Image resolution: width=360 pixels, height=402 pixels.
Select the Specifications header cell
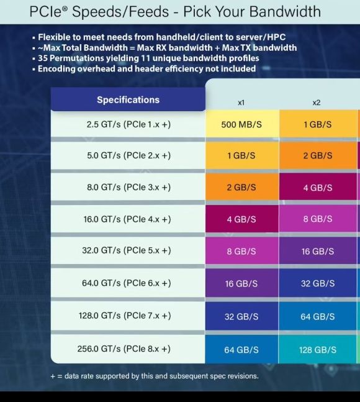[x=128, y=99]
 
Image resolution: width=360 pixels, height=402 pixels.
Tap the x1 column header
[x=241, y=103]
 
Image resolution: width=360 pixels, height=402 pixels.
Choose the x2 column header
[x=317, y=103]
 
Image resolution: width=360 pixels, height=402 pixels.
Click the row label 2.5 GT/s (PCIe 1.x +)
[x=128, y=124]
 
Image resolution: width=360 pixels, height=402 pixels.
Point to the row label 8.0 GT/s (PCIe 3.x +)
[x=128, y=187]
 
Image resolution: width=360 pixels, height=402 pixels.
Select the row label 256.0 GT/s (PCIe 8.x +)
[x=124, y=349]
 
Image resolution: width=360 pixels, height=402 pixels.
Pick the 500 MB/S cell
[x=241, y=124]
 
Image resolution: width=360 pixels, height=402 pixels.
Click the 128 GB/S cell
[x=317, y=350]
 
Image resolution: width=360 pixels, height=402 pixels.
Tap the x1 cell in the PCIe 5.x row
[x=241, y=252]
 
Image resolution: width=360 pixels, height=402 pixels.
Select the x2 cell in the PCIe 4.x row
[x=317, y=219]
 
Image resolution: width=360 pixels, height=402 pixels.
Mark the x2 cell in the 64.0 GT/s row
[x=317, y=283]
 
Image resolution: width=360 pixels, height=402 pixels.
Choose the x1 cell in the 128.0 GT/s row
[x=241, y=316]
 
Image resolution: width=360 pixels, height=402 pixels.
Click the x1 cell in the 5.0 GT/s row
[x=241, y=155]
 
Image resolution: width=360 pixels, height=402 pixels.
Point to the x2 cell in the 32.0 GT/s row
[x=317, y=252]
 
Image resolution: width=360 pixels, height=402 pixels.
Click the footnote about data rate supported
[x=154, y=376]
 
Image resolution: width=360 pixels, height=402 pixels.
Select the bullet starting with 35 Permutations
[x=148, y=58]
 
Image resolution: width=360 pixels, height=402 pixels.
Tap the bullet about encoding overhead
[x=146, y=69]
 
